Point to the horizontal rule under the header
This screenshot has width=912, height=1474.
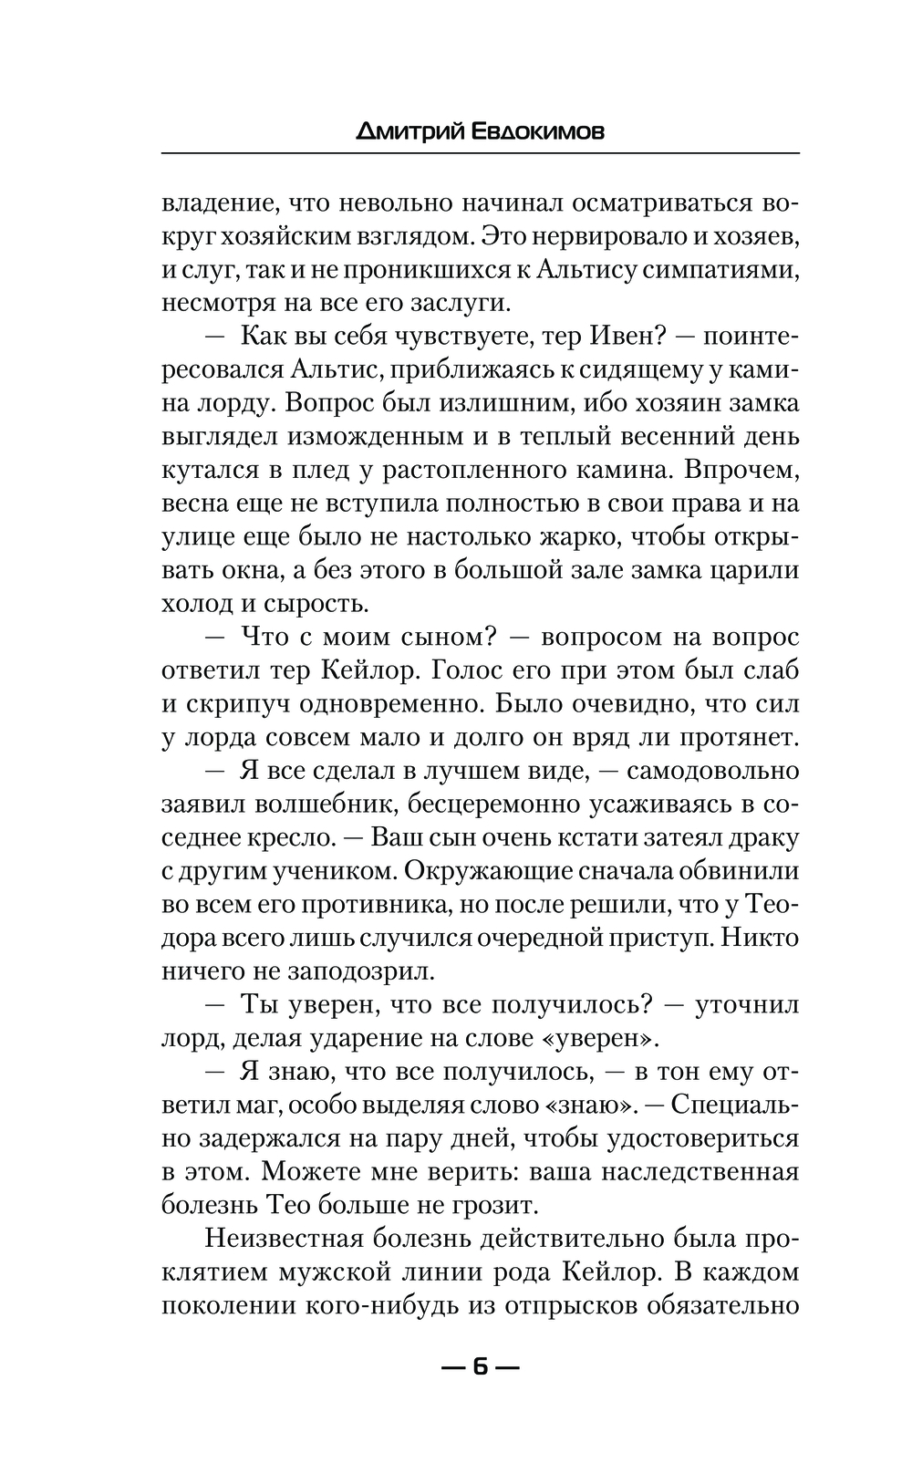(x=480, y=152)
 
